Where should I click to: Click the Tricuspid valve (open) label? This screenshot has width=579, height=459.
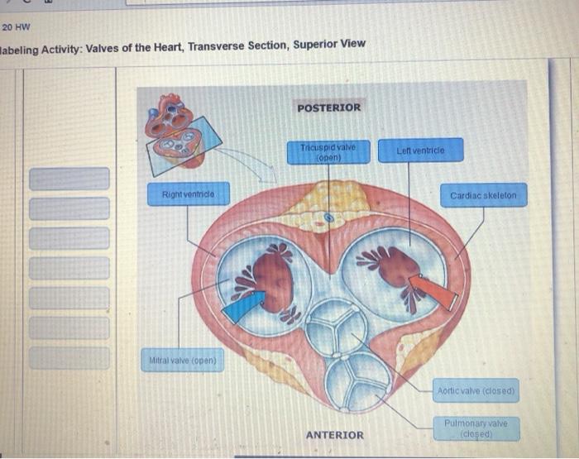click(x=328, y=152)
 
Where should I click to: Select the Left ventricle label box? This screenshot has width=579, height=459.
click(x=420, y=151)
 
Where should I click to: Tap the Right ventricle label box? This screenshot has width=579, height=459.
click(x=189, y=194)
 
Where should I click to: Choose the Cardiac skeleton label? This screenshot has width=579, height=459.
click(x=482, y=196)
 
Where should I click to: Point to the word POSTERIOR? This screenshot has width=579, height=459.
click(x=328, y=108)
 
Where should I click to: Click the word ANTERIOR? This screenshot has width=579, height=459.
click(x=334, y=435)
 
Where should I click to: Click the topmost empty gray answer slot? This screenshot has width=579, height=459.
click(x=69, y=178)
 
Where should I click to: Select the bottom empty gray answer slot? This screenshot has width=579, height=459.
click(x=69, y=357)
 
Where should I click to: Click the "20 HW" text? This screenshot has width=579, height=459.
click(x=16, y=26)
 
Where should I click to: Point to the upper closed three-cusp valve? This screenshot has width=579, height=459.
click(x=332, y=327)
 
